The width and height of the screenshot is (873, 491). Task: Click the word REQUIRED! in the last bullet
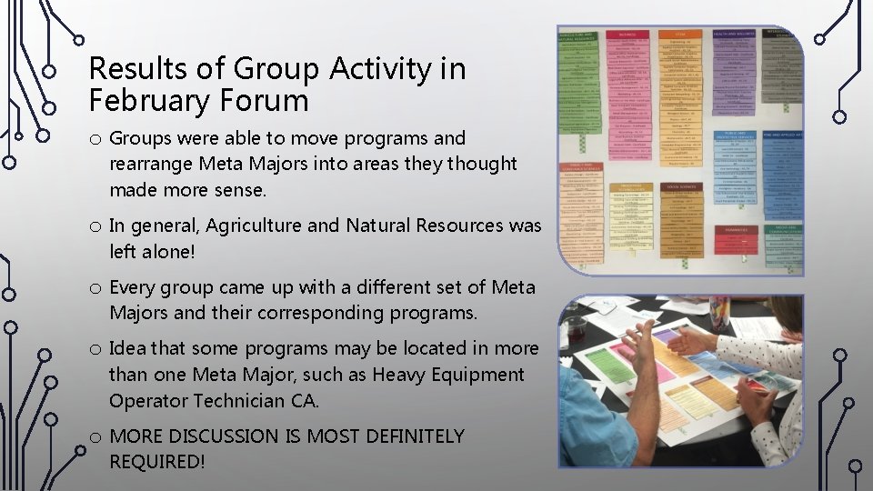pyautogui.click(x=156, y=462)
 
